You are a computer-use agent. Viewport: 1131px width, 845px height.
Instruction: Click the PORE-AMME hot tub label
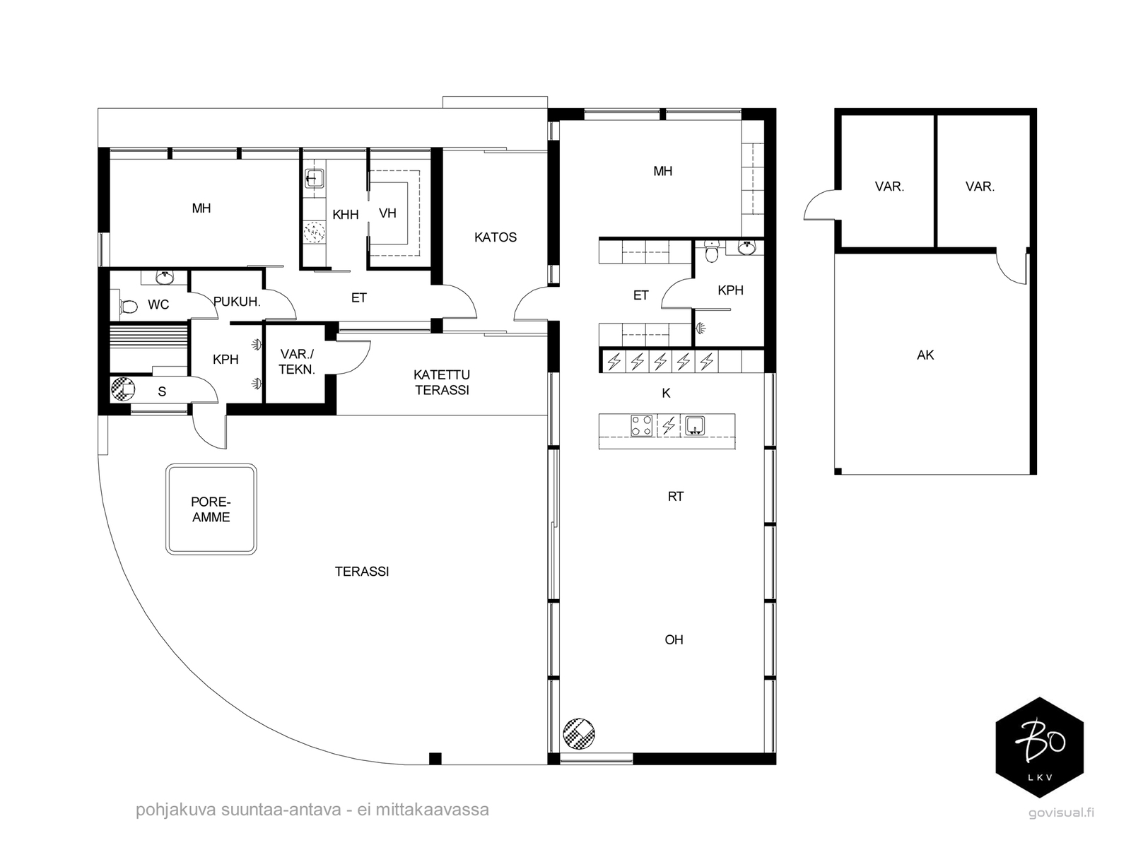[x=211, y=509]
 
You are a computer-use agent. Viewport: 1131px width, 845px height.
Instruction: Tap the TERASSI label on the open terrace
[x=362, y=571]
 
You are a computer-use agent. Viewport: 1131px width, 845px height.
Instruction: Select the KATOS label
[x=496, y=237]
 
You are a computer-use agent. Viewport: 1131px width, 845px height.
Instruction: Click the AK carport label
[x=925, y=355]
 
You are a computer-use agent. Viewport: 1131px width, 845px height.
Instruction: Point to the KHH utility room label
[x=345, y=214]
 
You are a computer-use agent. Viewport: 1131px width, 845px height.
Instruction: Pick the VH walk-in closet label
[x=387, y=213]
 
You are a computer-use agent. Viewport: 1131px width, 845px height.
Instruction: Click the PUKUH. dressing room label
[x=237, y=302]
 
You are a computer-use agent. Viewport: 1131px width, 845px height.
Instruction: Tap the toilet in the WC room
[x=129, y=307]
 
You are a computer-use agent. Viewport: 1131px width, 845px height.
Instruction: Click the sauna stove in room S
[x=123, y=389]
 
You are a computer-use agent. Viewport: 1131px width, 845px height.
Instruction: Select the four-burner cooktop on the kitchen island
[x=642, y=426]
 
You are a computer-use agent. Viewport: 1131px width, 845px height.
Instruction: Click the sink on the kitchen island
[x=695, y=426]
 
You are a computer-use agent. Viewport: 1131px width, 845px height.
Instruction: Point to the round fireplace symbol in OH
[x=579, y=733]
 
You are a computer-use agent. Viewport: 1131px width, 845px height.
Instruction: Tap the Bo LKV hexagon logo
[x=1039, y=747]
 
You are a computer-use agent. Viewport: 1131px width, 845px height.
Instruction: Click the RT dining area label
[x=676, y=497]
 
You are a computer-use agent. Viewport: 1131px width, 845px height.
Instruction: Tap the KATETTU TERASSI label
[x=442, y=382]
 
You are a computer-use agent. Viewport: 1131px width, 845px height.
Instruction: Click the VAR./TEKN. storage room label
[x=297, y=362]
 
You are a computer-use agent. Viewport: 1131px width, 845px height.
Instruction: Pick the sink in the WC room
[x=165, y=278]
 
